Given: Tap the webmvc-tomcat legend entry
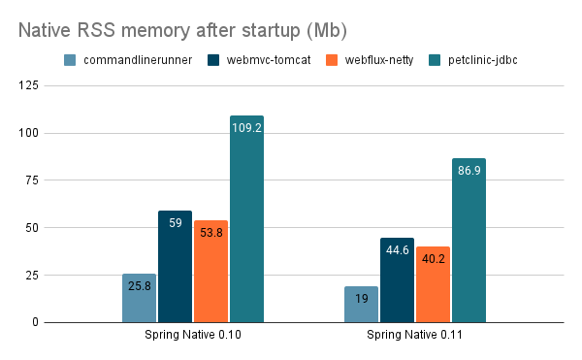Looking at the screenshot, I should pos(263,61).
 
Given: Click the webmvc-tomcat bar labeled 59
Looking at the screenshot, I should pos(176,267).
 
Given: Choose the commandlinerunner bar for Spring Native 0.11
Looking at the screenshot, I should pos(361,305).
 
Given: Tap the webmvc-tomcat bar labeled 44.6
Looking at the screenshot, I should pos(397,280).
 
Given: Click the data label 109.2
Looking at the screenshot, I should pos(246,126).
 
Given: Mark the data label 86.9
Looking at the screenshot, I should pos(469,169).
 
